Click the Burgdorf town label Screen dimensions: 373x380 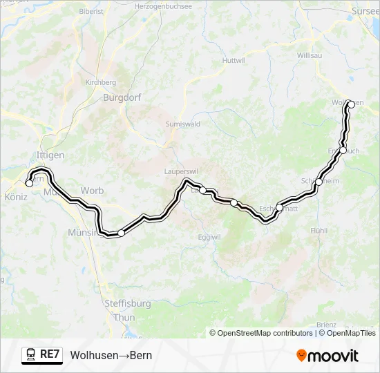[122, 97]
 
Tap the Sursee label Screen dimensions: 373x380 [365, 12]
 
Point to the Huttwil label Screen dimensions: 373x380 [234, 60]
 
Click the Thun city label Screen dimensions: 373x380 [124, 317]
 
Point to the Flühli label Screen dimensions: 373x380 [318, 230]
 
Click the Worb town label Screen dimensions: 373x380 [92, 191]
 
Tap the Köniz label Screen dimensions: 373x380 [15, 197]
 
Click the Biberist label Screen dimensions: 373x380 [91, 12]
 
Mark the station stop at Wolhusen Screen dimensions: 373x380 [351, 104]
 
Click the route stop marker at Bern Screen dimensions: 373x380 [29, 183]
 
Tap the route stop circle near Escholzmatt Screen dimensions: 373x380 [279, 207]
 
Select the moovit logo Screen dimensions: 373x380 [327, 356]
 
